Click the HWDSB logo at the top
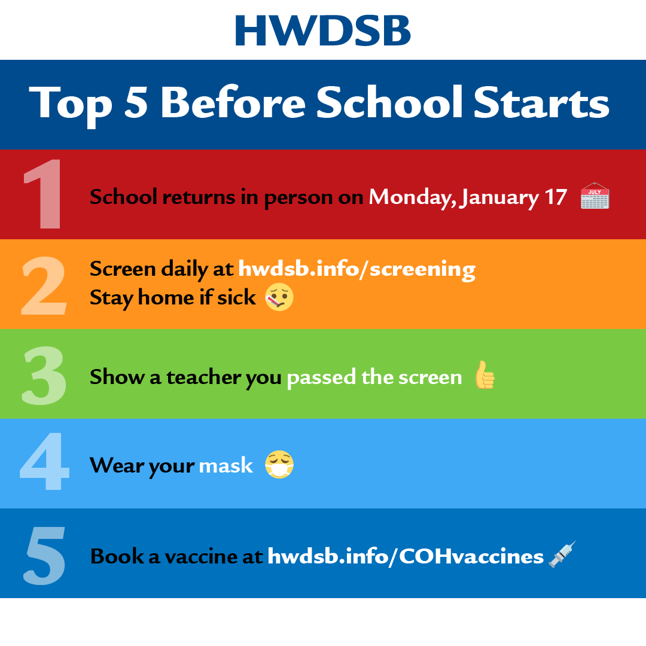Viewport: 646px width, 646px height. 322,31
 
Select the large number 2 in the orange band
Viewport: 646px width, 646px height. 44,285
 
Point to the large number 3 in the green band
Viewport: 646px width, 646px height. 44,375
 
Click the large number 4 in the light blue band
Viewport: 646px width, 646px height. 44,461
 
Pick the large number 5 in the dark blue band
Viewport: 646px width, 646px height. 44,556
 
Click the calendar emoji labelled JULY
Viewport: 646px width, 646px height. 595,196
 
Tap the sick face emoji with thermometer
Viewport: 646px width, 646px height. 279,297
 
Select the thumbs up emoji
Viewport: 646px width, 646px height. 484,374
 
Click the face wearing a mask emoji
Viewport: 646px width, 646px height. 279,464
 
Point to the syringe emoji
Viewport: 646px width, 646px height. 562,554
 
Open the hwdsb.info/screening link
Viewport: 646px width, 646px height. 356,269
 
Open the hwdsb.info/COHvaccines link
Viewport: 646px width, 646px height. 406,556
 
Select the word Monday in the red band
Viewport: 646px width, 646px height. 413,197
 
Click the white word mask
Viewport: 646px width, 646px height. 226,465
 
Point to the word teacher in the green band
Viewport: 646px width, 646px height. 204,377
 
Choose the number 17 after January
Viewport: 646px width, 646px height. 556,197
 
